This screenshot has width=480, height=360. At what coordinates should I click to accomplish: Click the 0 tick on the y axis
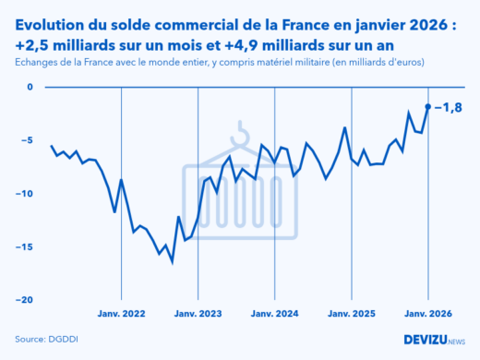click(x=29, y=88)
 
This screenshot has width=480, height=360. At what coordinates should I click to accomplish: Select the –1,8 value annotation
click(x=449, y=107)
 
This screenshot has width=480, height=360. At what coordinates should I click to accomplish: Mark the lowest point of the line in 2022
click(x=173, y=261)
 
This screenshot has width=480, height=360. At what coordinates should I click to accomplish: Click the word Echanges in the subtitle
click(x=38, y=62)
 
